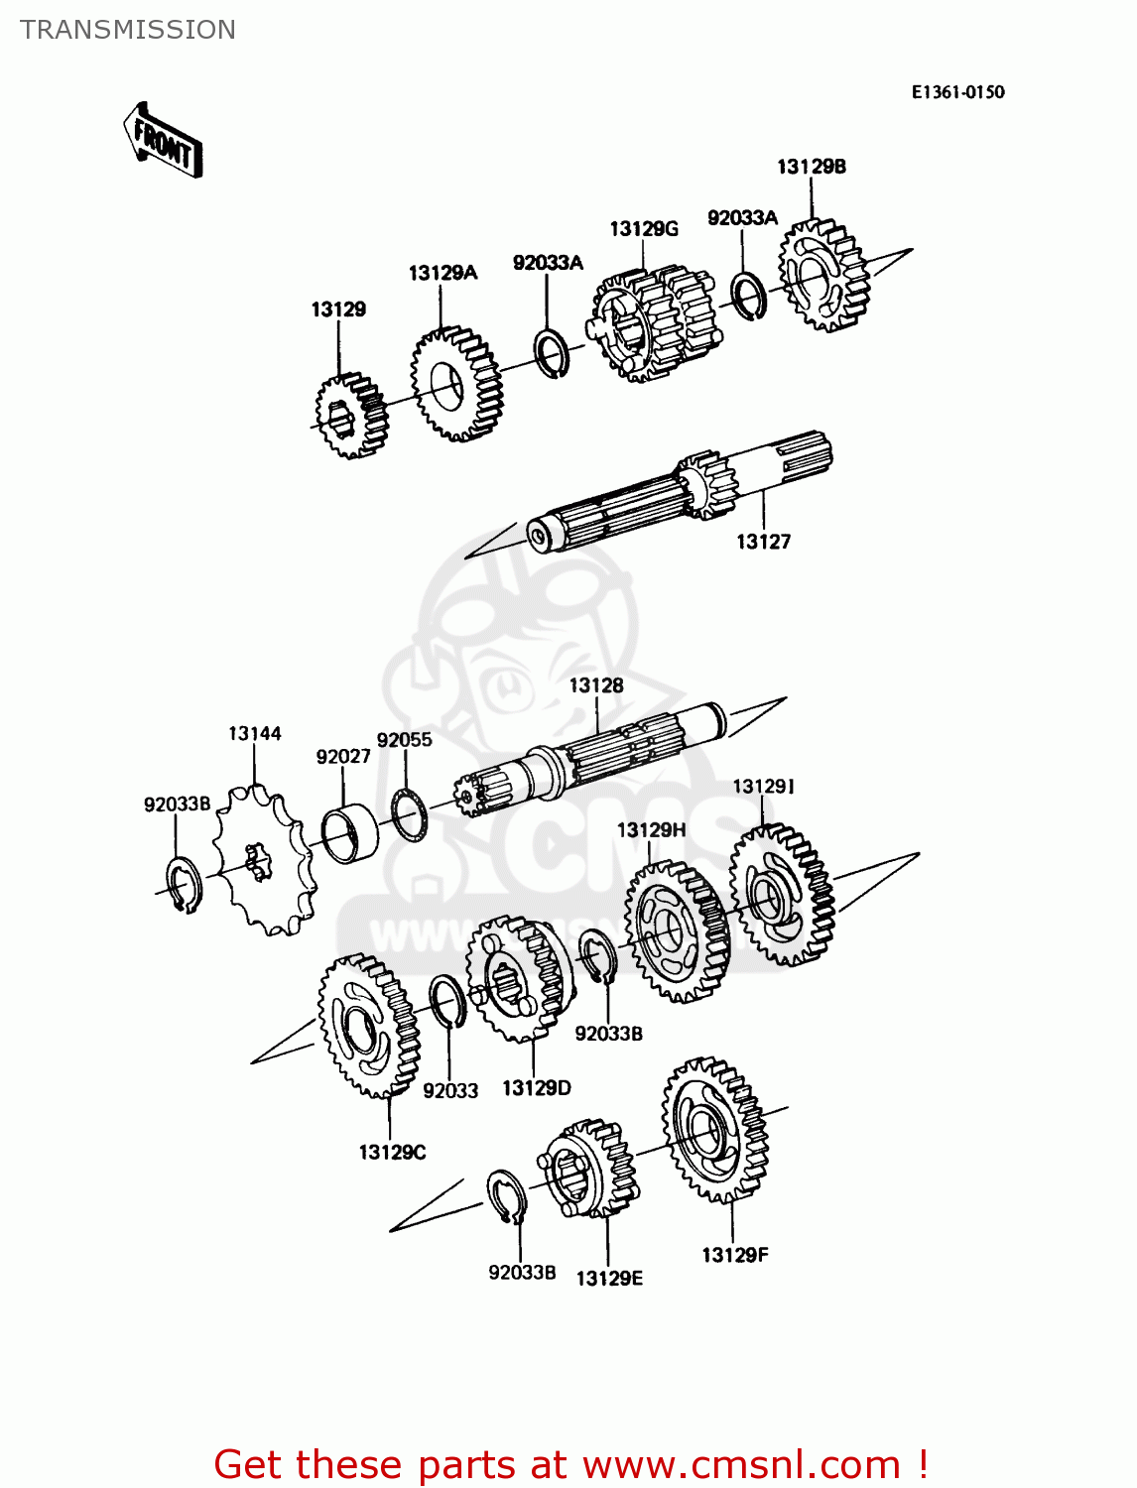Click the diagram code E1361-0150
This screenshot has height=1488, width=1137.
[957, 92]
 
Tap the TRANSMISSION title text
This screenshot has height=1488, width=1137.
[128, 30]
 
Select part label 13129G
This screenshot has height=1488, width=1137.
[643, 229]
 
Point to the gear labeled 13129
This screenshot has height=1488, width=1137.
[351, 416]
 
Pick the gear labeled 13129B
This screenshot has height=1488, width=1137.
[823, 276]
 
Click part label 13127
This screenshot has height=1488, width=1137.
[763, 542]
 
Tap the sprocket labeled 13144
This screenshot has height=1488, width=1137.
[263, 859]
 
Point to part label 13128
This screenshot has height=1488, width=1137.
[596, 685]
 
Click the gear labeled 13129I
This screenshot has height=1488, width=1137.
[782, 895]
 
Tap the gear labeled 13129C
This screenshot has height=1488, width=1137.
[369, 1026]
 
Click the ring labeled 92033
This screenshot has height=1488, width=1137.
[447, 1004]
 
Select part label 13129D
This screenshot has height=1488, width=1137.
[537, 1088]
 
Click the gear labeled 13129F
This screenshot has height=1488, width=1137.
[714, 1130]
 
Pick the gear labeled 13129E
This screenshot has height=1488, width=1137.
[592, 1169]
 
